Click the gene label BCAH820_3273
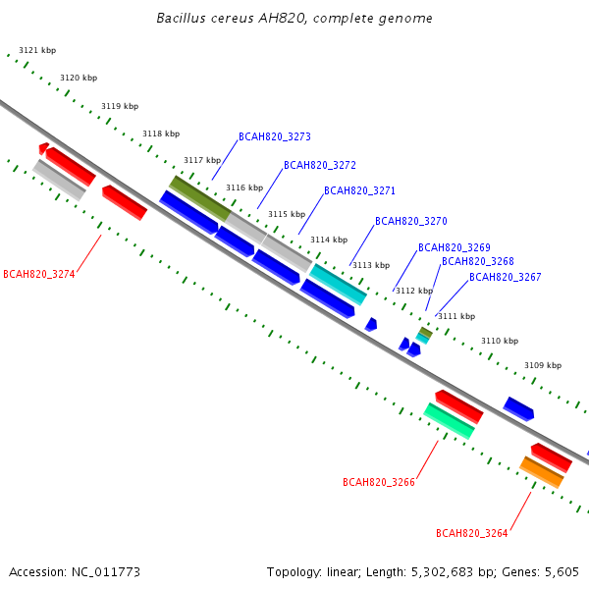(275, 136)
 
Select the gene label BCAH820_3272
(320, 165)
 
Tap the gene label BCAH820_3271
(359, 190)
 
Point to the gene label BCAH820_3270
(411, 221)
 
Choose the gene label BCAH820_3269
(455, 247)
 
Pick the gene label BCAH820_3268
(477, 261)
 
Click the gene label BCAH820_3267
(506, 277)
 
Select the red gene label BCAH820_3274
(39, 274)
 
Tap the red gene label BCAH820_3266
(379, 482)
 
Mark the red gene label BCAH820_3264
(472, 533)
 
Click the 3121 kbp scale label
(37, 50)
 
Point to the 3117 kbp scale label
(202, 160)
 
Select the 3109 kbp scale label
(543, 365)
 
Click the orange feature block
(542, 472)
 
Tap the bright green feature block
(449, 421)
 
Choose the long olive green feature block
(200, 198)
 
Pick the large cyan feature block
(338, 285)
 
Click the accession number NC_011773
(106, 572)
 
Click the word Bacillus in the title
(181, 18)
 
